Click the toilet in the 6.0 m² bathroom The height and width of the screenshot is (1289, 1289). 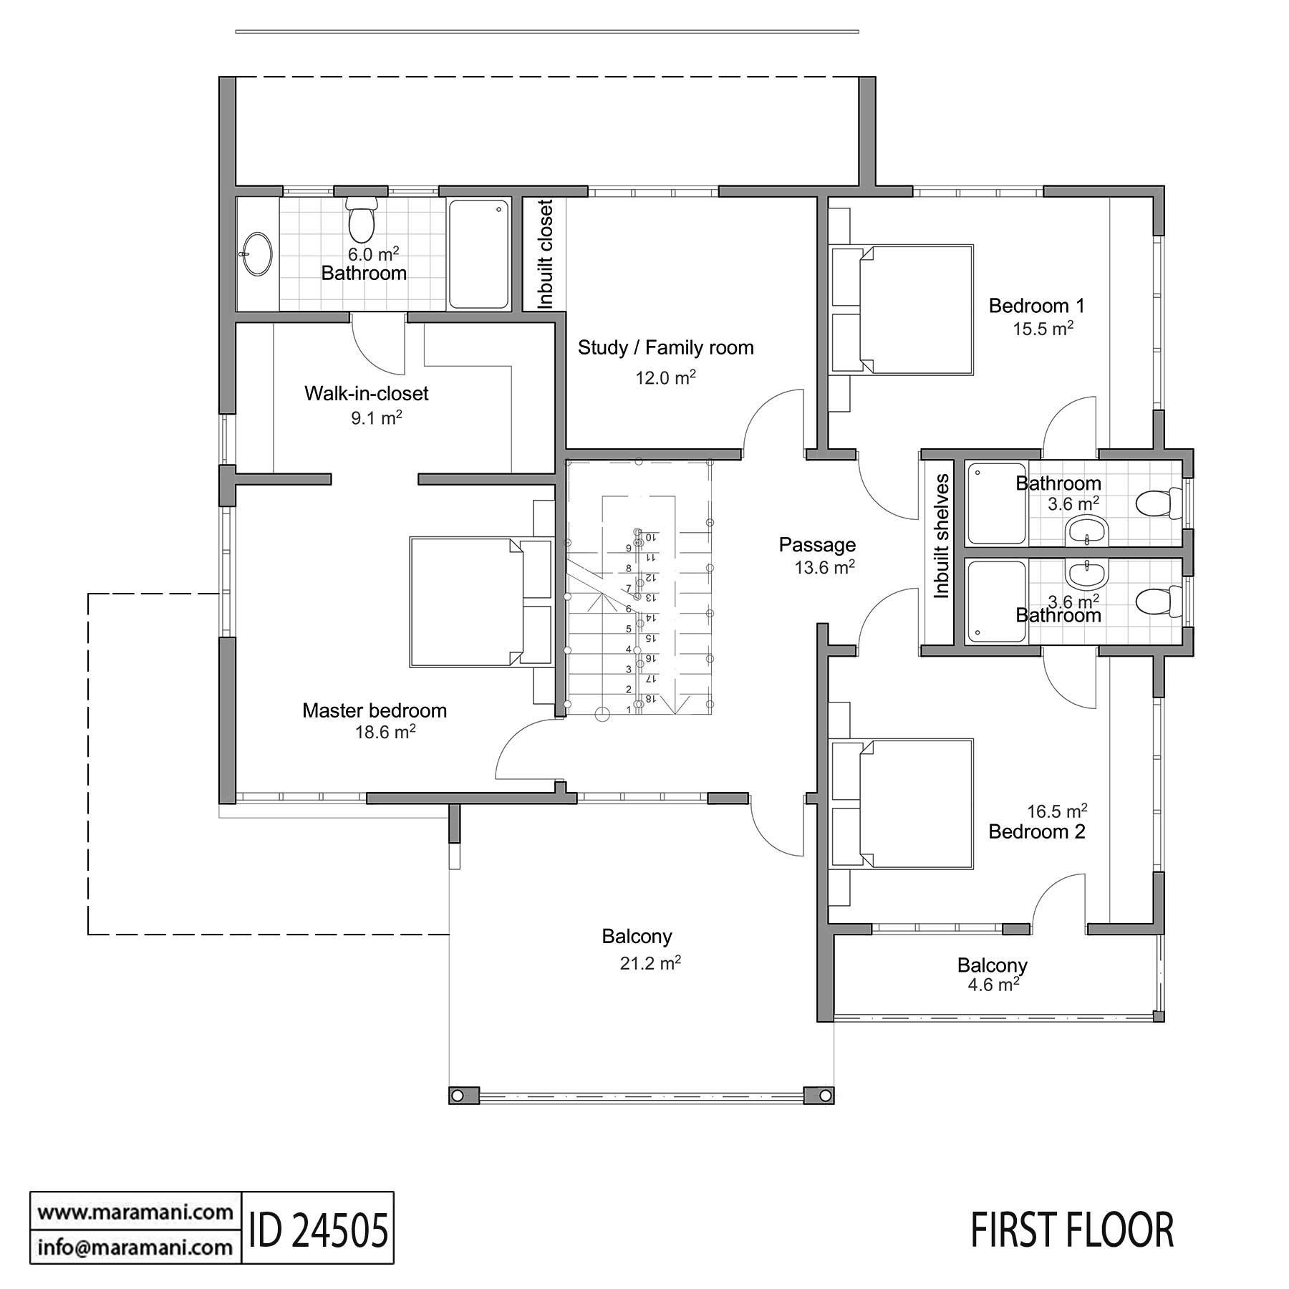pyautogui.click(x=361, y=219)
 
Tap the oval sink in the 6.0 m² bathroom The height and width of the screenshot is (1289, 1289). pyautogui.click(x=256, y=254)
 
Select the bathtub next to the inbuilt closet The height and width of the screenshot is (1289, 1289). pyautogui.click(x=478, y=254)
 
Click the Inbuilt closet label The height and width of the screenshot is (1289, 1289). pyautogui.click(x=546, y=254)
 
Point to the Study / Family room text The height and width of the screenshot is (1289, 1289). pyautogui.click(x=665, y=348)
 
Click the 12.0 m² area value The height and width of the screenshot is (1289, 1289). pyautogui.click(x=665, y=377)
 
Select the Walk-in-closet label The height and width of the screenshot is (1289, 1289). pyautogui.click(x=366, y=393)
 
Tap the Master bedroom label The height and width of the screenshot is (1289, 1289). pyautogui.click(x=374, y=710)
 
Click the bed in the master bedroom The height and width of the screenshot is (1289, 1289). pyautogui.click(x=480, y=602)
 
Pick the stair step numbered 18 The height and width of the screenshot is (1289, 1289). pyautogui.click(x=650, y=698)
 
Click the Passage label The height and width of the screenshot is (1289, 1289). pyautogui.click(x=816, y=545)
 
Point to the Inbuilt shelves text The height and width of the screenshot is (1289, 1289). pyautogui.click(x=941, y=536)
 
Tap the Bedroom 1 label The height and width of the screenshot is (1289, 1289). pyautogui.click(x=1036, y=306)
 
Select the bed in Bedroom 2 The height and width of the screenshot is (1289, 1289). pyautogui.click(x=902, y=804)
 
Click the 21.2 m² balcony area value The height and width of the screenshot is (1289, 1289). pyautogui.click(x=650, y=964)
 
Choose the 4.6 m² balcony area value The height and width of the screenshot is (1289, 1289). pyautogui.click(x=993, y=985)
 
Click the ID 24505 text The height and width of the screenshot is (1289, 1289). pyautogui.click(x=319, y=1230)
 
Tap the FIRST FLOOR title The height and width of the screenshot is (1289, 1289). pyautogui.click(x=1071, y=1230)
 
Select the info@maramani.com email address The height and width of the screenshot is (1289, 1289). pyautogui.click(x=135, y=1247)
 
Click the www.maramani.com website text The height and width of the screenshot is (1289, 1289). pyautogui.click(x=135, y=1212)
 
